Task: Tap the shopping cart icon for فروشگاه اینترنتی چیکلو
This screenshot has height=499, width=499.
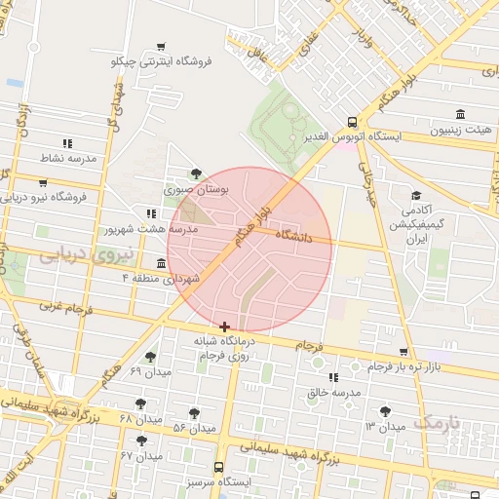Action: tap(161, 46)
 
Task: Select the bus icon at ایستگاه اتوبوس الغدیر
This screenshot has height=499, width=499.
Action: tap(351, 122)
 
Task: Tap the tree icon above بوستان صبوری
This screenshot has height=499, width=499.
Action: tap(197, 174)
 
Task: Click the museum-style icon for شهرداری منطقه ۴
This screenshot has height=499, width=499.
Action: tap(161, 263)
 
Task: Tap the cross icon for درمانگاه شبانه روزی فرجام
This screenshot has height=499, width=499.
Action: tap(225, 326)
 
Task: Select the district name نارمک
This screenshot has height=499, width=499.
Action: tap(436, 423)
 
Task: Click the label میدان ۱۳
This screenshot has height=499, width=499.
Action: tap(385, 427)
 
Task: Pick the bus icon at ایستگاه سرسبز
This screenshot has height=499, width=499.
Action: tap(218, 467)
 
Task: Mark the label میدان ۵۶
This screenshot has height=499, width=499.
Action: tap(194, 428)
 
